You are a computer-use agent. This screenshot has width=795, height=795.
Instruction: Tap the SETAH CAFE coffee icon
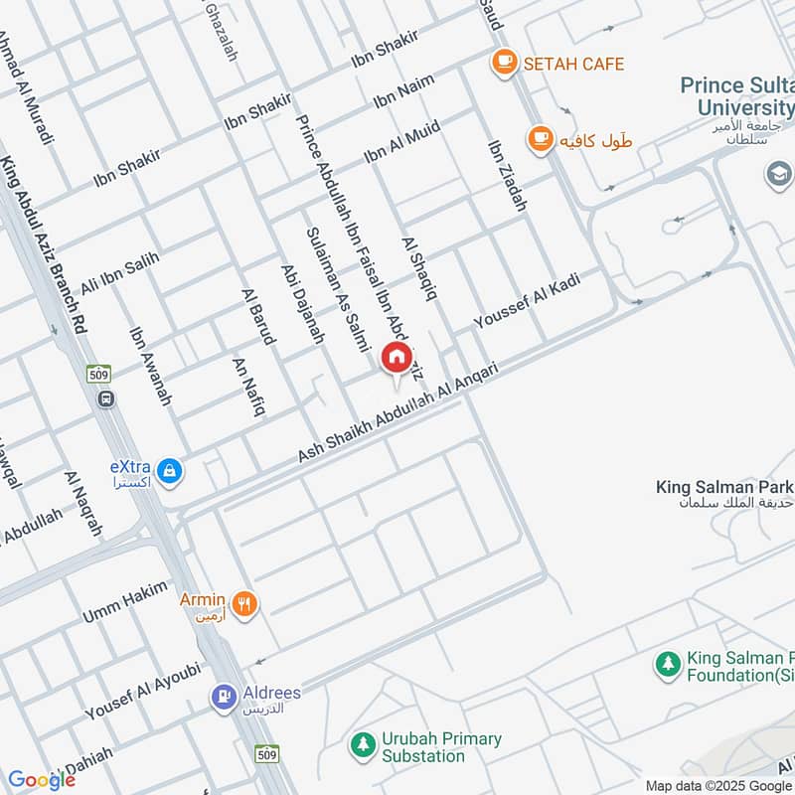[505, 64]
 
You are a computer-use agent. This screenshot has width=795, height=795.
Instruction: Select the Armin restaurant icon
[243, 602]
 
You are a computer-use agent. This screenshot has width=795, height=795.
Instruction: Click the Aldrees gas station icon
[223, 698]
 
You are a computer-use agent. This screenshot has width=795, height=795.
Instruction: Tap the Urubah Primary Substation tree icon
[364, 743]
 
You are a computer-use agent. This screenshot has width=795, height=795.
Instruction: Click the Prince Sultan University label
[736, 96]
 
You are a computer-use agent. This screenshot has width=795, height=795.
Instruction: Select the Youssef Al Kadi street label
[526, 301]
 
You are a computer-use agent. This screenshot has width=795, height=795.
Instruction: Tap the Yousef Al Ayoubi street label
[143, 691]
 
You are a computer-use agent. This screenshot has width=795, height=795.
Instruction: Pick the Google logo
[41, 780]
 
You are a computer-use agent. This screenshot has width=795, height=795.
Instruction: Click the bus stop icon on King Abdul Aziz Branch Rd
[106, 398]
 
